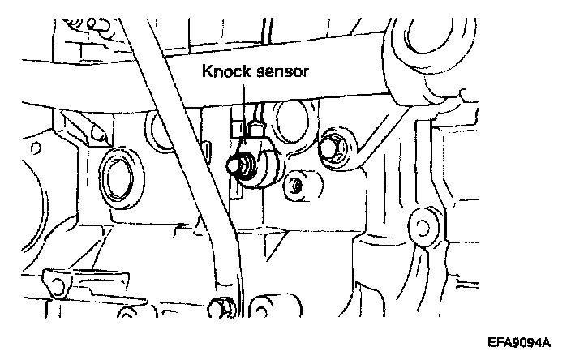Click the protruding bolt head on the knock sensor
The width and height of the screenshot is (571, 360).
click(233, 167)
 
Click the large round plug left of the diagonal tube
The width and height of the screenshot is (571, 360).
click(118, 174)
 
